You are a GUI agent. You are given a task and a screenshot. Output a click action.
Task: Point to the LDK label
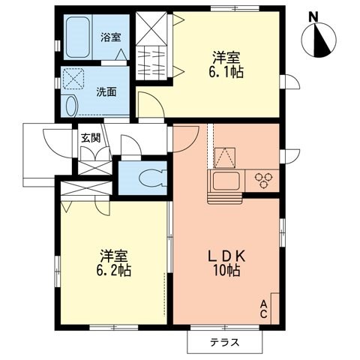pyautogui.click(x=226, y=256)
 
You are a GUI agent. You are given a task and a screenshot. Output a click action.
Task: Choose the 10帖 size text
pyautogui.click(x=226, y=270)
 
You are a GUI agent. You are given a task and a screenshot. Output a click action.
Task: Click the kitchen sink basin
pyautogui.click(x=225, y=180)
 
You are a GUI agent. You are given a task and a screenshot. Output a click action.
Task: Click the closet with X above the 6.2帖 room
pyautogui.click(x=82, y=188)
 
